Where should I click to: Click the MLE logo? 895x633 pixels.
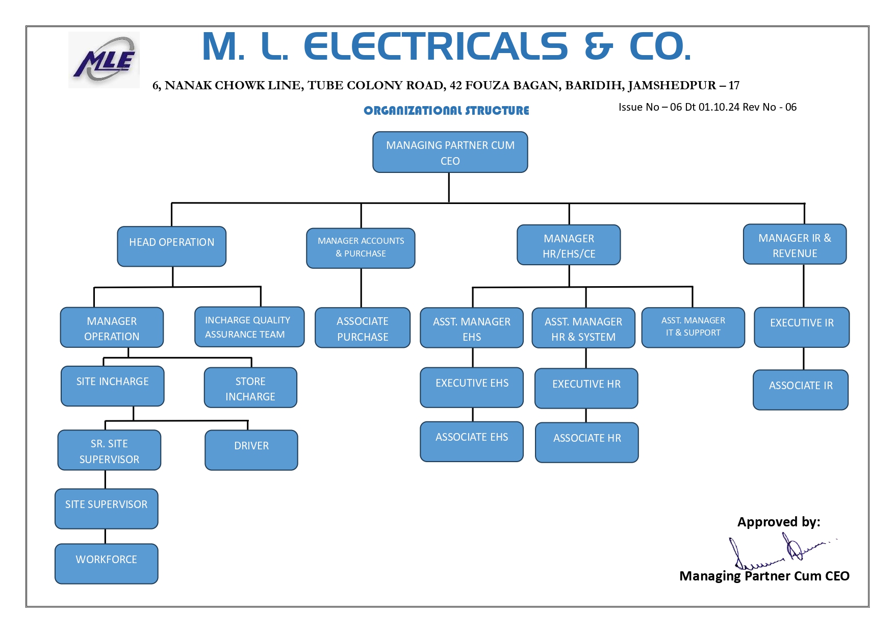pos(104,60)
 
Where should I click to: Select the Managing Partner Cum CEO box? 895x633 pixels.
pos(450,153)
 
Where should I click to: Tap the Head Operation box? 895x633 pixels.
pos(171,246)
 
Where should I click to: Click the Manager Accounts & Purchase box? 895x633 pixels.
pos(361,248)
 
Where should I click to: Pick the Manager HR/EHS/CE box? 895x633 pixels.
pos(569,245)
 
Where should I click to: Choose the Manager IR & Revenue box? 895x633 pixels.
pos(795,245)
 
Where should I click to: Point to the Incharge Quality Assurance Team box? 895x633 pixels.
pos(249,327)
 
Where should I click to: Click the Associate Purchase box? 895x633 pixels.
pos(363,328)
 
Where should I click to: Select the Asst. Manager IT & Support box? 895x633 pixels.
pos(693,327)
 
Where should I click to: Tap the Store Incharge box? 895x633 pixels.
pos(250,388)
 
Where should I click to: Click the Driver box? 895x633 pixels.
pos(251,450)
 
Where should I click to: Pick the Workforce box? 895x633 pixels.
pos(107,564)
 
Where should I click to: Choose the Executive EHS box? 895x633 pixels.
pos(472,388)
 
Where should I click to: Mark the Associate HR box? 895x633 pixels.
pos(587,442)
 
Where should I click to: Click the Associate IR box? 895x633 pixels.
pos(801,390)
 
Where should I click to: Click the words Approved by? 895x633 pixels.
pos(779,522)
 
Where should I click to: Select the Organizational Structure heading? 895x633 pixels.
pos(446,111)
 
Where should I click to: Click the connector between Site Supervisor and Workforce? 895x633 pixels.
pos(106,536)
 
